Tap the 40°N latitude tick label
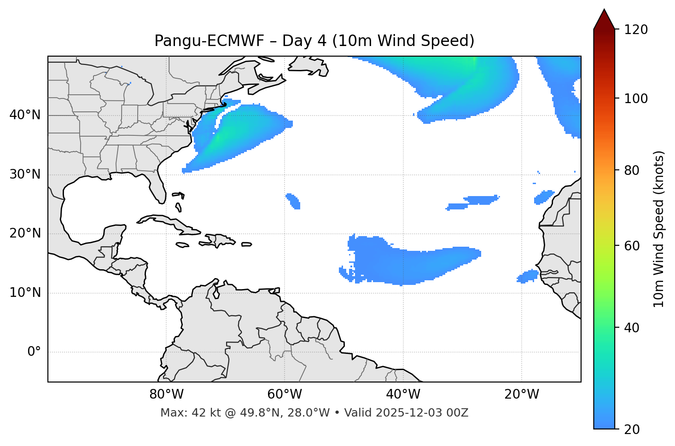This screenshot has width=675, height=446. click(24, 115)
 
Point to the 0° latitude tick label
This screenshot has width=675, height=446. click(34, 352)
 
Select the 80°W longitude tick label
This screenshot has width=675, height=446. click(166, 394)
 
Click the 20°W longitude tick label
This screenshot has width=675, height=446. click(522, 394)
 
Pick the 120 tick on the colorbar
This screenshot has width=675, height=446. click(636, 30)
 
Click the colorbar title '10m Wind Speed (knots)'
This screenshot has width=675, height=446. click(659, 229)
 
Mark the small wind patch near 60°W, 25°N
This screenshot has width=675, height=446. click(293, 201)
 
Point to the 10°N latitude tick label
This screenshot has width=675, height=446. click(24, 293)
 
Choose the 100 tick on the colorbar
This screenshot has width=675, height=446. click(636, 98)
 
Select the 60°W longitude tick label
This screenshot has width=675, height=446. click(285, 394)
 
